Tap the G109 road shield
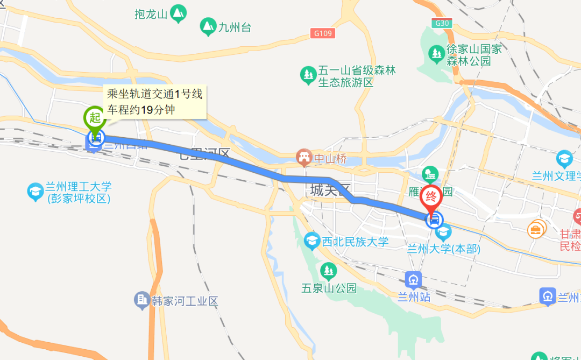(x=323, y=33)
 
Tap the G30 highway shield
(x=441, y=23)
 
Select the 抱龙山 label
(x=151, y=13)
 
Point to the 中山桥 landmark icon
(x=304, y=158)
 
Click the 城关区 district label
(x=330, y=189)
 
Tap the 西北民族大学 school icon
(x=312, y=241)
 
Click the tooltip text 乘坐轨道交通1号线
(x=155, y=94)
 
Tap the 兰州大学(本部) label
(x=443, y=249)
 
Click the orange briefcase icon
(x=536, y=230)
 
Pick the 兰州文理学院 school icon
(x=564, y=159)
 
